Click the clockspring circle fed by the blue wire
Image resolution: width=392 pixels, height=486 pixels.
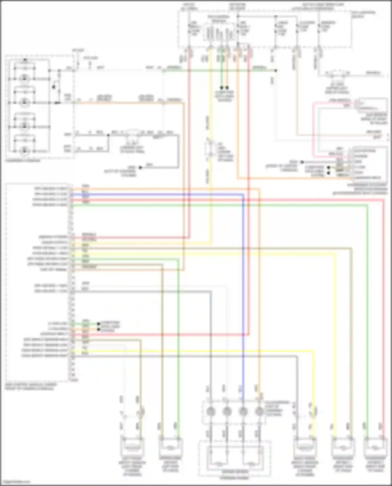click(243, 412)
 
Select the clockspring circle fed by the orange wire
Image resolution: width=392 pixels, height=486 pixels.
click(259, 412)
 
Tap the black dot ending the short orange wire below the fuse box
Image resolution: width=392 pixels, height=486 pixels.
click(227, 87)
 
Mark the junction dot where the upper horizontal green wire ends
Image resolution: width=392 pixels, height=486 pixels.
click(275, 71)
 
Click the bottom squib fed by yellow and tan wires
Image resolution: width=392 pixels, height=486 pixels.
click(343, 447)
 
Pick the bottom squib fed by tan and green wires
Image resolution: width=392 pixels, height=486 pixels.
click(170, 447)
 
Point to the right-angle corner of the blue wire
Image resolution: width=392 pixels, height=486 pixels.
click(243, 195)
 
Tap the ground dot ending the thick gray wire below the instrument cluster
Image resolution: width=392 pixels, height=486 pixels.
click(140, 167)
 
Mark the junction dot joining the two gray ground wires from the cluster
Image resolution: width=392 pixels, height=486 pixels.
click(108, 135)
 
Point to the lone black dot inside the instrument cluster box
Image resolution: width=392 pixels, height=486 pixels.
click(54, 87)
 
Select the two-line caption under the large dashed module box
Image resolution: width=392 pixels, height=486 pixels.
click(30, 387)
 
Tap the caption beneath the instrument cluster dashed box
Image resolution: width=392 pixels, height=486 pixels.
click(23, 161)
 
